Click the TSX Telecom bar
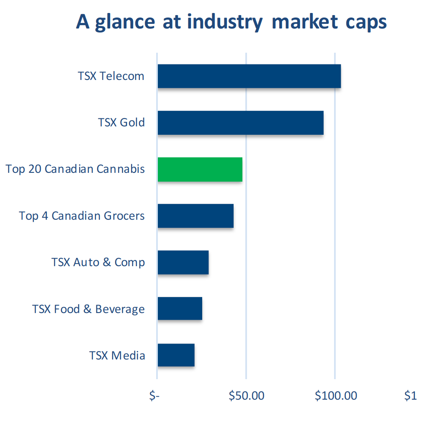249,76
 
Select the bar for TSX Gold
240,123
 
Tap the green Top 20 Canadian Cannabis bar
200,169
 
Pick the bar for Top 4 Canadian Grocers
195,216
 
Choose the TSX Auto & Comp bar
183,262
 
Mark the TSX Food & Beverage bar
180,309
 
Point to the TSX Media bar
176,355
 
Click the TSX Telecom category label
111,76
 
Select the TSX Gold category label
121,123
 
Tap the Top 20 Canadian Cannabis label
75,169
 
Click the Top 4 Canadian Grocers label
82,216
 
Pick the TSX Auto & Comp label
98,262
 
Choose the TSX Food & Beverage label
89,309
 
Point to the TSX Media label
117,356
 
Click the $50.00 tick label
247,395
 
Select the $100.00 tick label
336,395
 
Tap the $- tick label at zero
155,395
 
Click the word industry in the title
225,22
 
